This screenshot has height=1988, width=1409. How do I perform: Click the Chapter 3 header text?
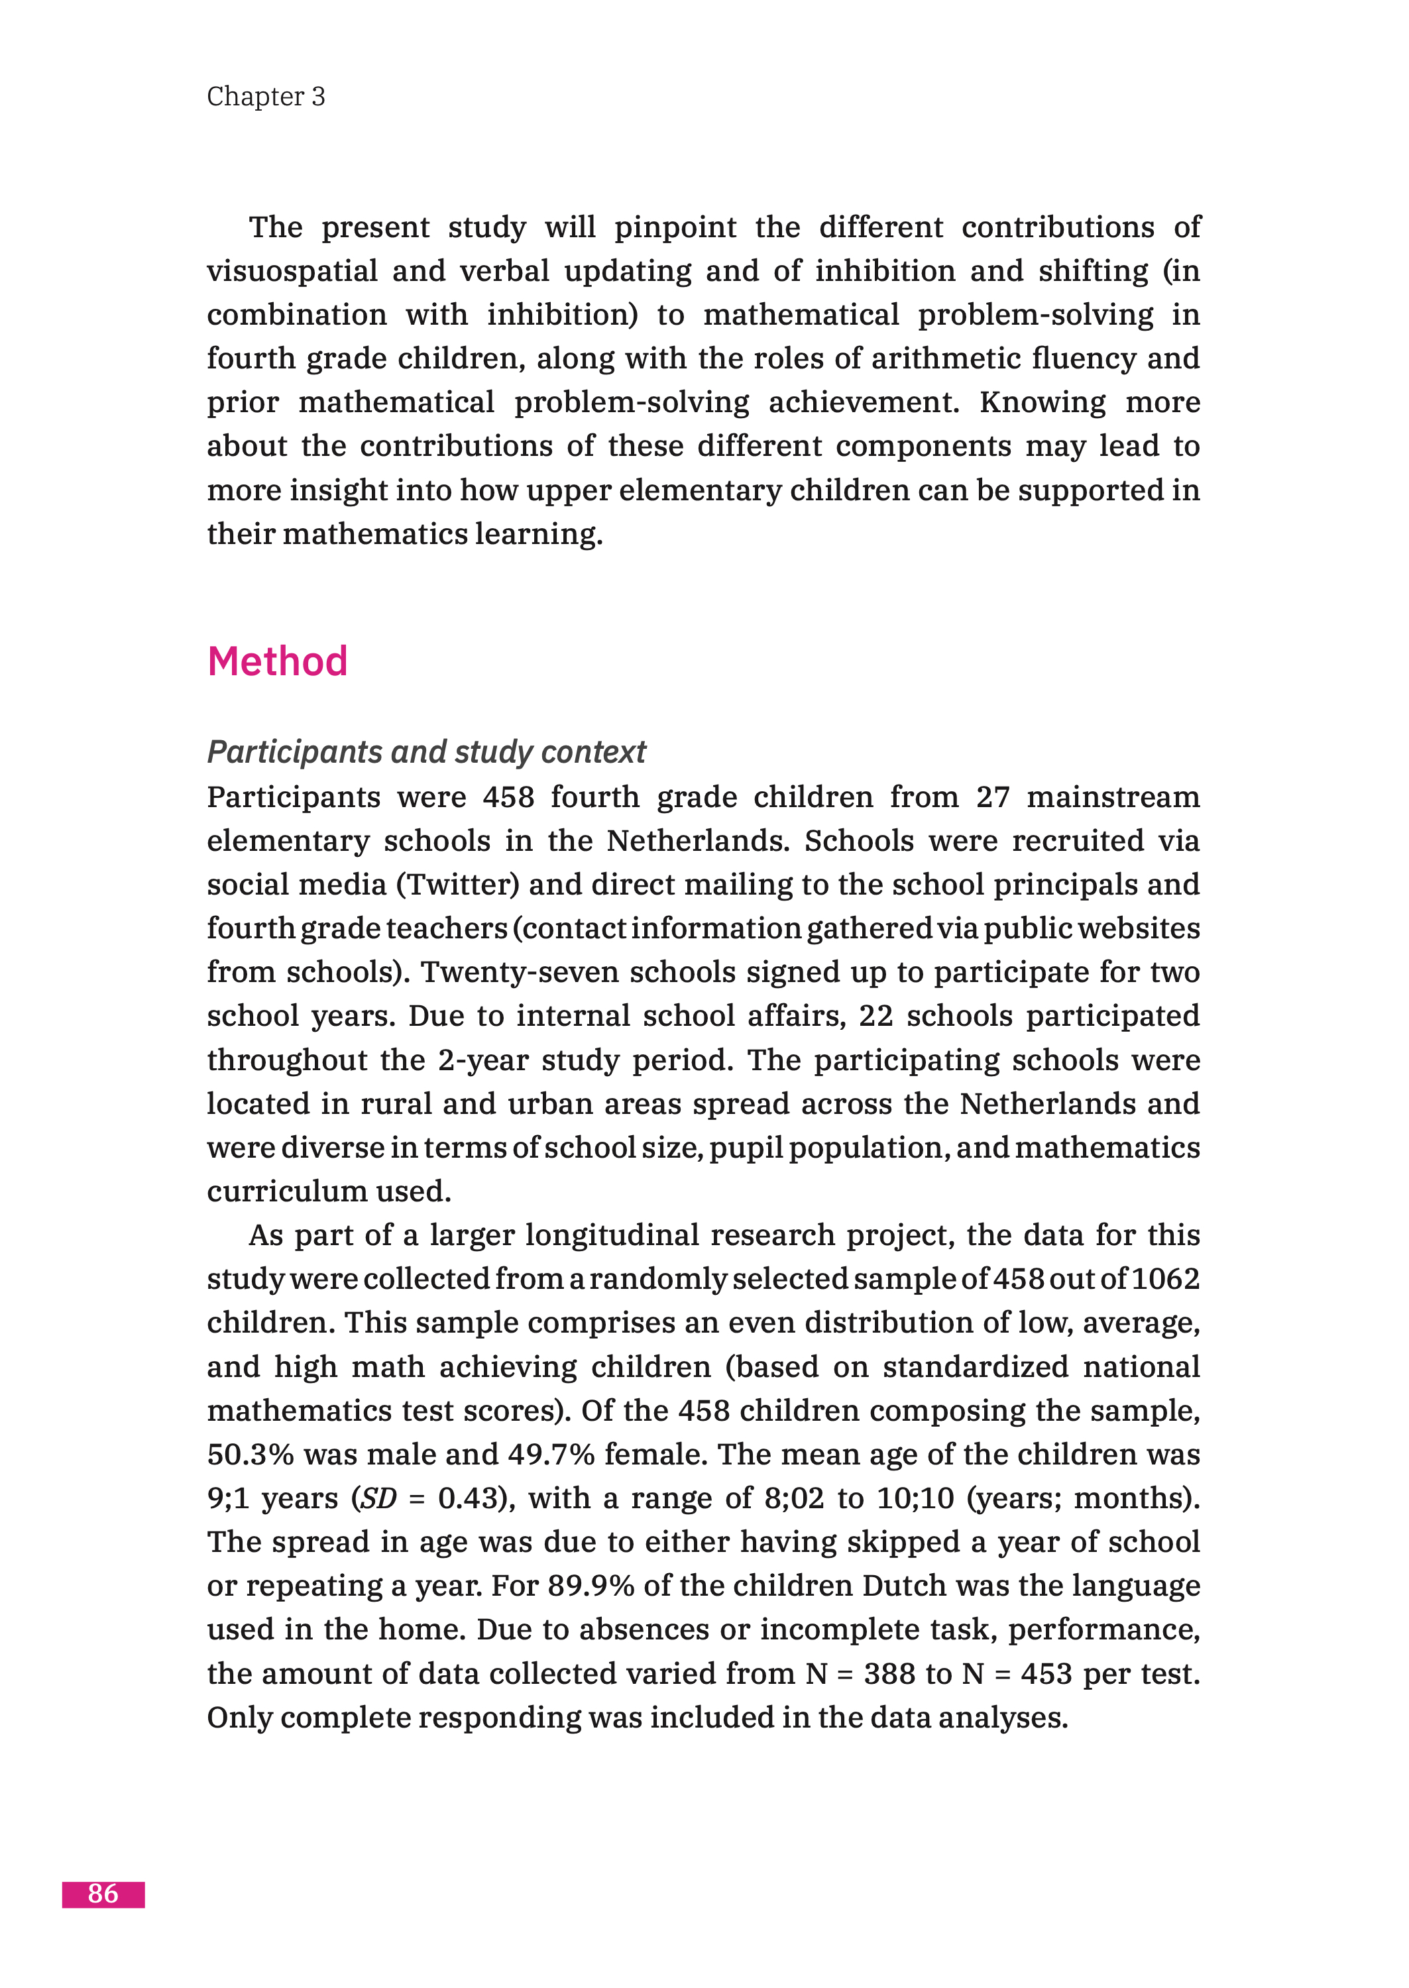click(266, 96)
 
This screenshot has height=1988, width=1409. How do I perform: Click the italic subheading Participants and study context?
click(426, 751)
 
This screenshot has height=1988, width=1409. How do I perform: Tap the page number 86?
click(103, 1893)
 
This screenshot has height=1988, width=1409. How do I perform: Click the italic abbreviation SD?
click(378, 1498)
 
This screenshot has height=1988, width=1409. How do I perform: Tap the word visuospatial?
click(292, 270)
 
